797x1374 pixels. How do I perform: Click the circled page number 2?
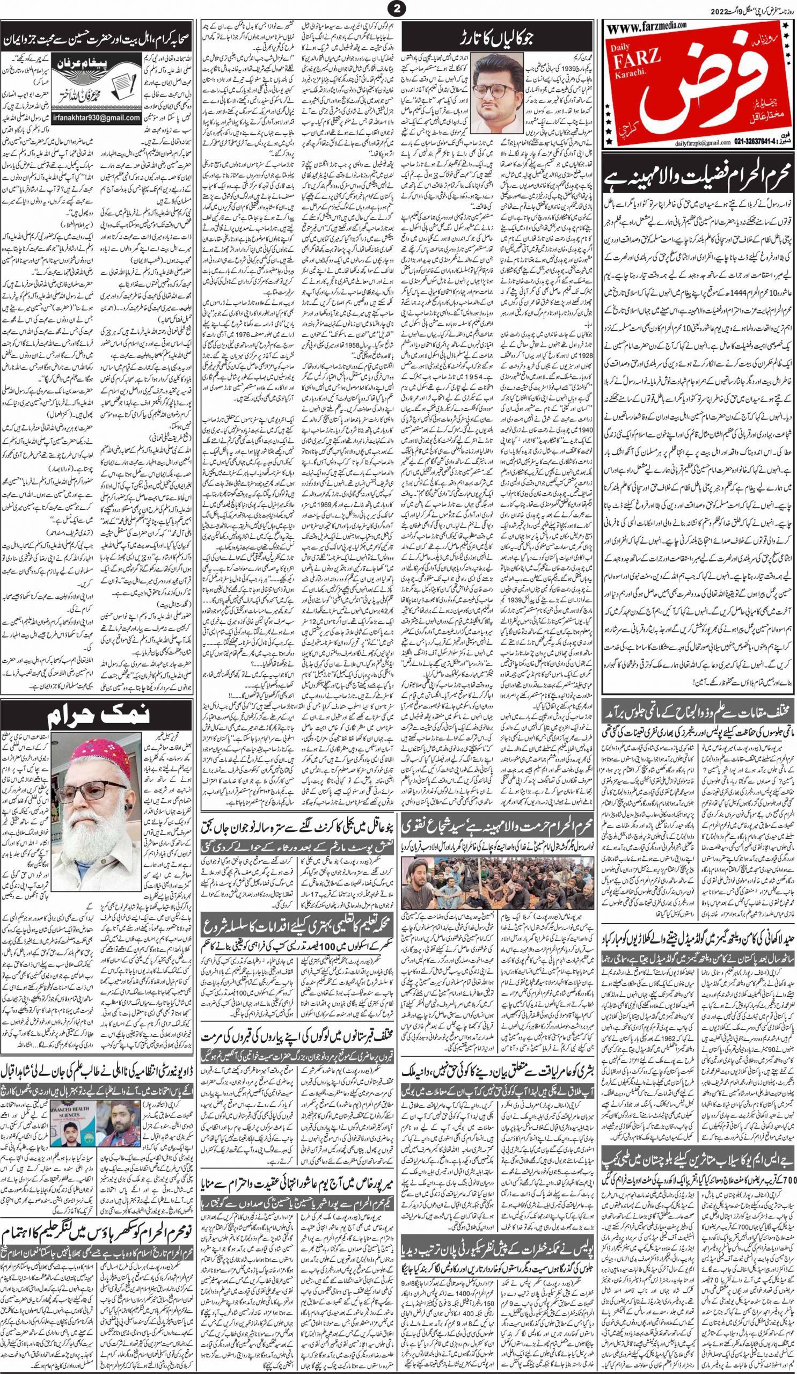397,9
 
